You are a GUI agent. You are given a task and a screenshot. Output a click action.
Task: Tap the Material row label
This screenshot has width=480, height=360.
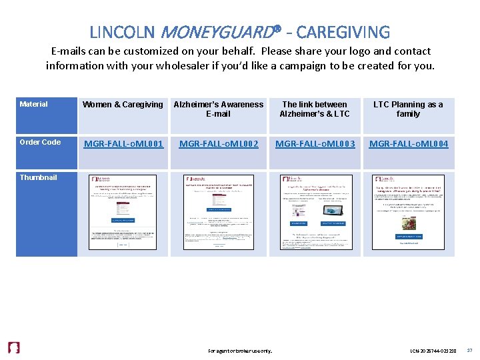click(34, 104)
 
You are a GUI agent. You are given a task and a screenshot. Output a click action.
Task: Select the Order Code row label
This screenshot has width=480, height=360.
click(40, 142)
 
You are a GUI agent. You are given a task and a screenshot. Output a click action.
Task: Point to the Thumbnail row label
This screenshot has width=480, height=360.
click(39, 177)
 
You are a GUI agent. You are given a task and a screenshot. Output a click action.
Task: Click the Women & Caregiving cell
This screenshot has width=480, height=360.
click(123, 105)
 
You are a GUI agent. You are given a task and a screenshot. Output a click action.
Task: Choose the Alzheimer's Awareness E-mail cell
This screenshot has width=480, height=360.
click(219, 109)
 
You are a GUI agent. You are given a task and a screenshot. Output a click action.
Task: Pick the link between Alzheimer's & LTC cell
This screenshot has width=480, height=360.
click(314, 109)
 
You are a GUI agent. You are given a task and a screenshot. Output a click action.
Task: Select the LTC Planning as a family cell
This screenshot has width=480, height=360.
click(408, 109)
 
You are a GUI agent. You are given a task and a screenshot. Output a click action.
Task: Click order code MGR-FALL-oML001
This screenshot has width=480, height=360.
click(123, 143)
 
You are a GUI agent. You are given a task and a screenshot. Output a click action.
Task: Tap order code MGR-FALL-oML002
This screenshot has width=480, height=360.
click(219, 143)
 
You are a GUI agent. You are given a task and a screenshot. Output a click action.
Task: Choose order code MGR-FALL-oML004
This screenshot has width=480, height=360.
click(409, 143)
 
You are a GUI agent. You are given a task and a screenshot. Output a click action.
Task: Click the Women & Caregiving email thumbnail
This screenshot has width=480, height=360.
click(123, 213)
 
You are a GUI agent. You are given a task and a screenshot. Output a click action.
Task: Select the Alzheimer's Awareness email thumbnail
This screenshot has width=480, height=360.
click(219, 213)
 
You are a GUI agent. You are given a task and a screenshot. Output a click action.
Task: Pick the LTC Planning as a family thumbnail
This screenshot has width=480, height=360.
click(408, 213)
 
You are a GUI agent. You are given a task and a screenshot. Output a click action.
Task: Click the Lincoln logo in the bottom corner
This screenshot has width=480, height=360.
click(13, 348)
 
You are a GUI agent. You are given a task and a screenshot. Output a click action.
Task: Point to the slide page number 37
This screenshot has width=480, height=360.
click(469, 349)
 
